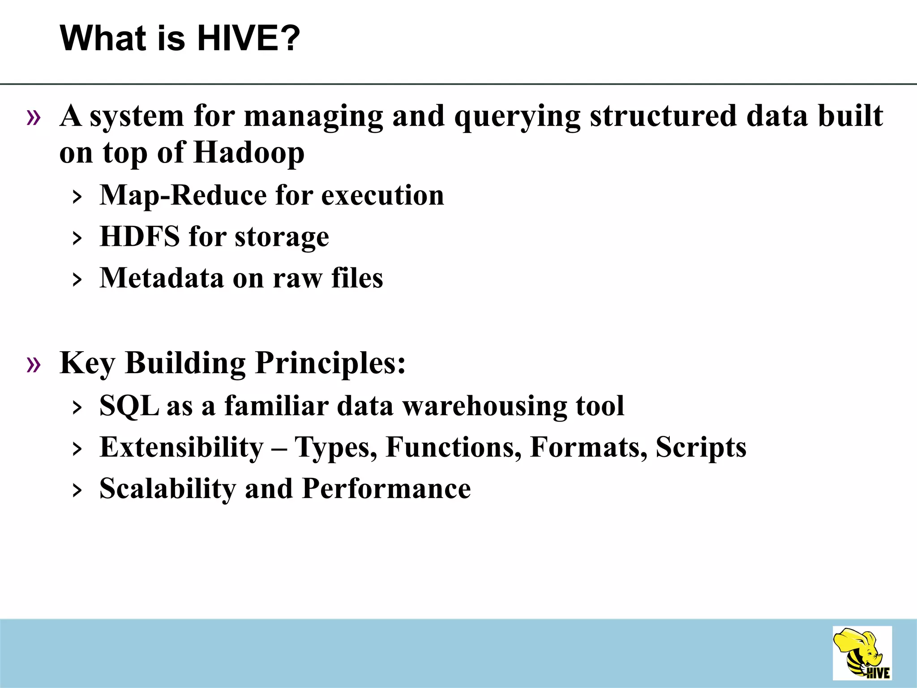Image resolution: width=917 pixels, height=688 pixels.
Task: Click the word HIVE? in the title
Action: [x=249, y=39]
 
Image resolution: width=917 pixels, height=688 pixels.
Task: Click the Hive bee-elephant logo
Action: [x=862, y=653]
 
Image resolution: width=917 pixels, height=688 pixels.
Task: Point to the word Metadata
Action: [x=162, y=278]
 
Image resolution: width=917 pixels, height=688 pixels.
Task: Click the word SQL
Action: [x=129, y=406]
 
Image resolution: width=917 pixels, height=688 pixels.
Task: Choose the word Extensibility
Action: [x=182, y=447]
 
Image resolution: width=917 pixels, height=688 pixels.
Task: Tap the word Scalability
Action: [x=167, y=489]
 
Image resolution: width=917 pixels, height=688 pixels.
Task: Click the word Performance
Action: [x=386, y=489]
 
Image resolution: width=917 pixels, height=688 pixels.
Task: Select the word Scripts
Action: [x=701, y=447]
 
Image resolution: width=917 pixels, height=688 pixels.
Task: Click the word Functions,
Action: [x=454, y=447]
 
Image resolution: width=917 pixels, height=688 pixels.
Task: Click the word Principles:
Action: [x=330, y=363]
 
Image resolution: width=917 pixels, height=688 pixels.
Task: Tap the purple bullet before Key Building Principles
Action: [x=34, y=364]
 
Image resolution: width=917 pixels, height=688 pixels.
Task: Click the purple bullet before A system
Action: [x=34, y=118]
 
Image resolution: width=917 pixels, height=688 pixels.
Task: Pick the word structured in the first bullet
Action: [x=663, y=116]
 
